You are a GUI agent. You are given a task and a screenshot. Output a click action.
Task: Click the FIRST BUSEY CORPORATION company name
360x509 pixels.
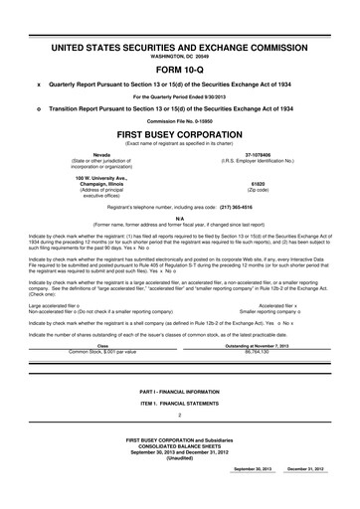(x=180, y=131)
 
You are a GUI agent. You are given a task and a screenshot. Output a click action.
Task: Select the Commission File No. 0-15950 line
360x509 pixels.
(x=180, y=119)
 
